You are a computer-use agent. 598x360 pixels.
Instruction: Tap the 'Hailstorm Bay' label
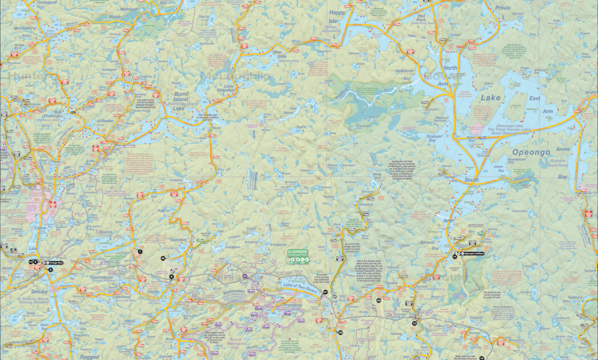[405, 72]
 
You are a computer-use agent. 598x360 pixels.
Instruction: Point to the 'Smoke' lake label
[39, 290]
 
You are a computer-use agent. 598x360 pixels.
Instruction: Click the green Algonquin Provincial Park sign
[295, 255]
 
